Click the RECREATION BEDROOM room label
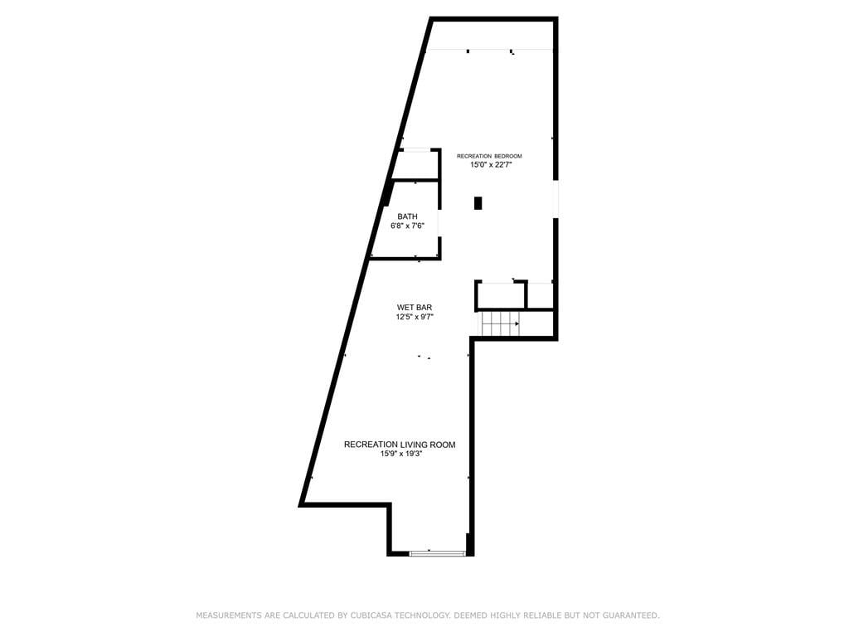489,156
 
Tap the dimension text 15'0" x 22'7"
491,165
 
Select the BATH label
407,216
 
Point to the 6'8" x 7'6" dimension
407,226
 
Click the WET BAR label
415,308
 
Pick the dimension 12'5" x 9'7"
415,317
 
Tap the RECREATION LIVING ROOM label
400,445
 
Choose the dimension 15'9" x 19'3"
400,454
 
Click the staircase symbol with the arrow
500,324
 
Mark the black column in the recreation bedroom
478,203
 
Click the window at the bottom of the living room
438,553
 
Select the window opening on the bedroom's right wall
555,199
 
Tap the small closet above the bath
415,164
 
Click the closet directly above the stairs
500,295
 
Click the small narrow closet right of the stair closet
540,295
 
